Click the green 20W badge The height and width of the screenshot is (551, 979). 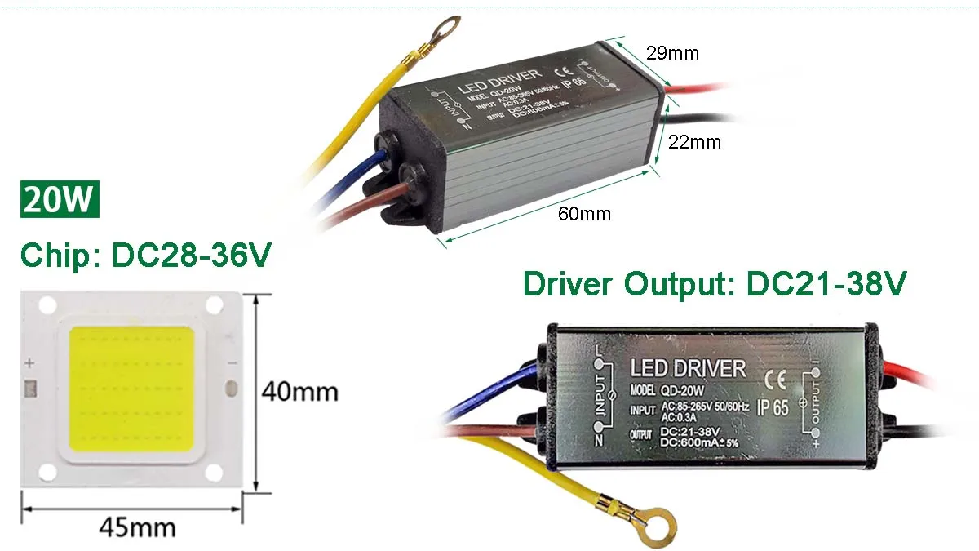(x=59, y=200)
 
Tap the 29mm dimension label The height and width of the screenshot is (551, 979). (x=672, y=53)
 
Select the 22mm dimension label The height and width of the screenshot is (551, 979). (x=694, y=142)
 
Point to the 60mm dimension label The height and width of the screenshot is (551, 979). (x=584, y=214)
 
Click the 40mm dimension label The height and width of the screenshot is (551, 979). (x=299, y=392)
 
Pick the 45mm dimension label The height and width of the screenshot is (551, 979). (x=137, y=527)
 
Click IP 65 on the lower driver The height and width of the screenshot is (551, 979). (x=773, y=408)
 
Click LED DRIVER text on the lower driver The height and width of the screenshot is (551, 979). (x=688, y=368)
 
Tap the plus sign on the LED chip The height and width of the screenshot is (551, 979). (x=30, y=362)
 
